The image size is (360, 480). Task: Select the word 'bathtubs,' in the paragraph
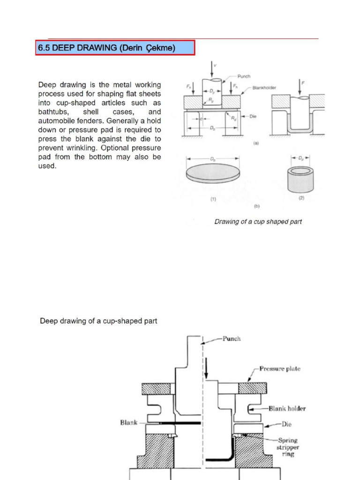tap(53, 112)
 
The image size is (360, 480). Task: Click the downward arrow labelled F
tap(299, 86)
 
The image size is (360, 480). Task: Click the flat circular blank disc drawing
tap(213, 172)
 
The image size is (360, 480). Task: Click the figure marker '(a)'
tap(256, 144)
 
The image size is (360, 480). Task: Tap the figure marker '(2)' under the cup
tap(301, 198)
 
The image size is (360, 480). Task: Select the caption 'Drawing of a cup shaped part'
tap(258, 222)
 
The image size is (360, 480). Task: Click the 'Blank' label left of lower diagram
tap(129, 422)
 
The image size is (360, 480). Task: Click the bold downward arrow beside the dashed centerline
tap(206, 368)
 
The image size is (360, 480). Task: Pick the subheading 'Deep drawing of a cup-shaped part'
tap(98, 321)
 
